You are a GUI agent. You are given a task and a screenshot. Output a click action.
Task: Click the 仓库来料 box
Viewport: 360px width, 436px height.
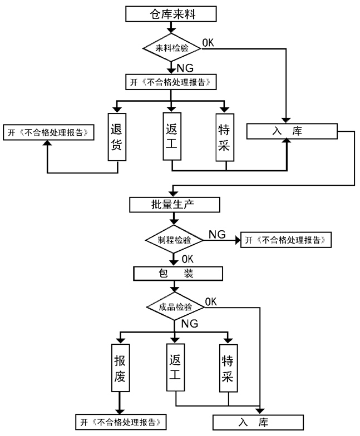pyautogui.click(x=170, y=13)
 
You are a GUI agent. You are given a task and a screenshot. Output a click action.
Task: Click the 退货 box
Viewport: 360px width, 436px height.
pyautogui.click(x=116, y=137)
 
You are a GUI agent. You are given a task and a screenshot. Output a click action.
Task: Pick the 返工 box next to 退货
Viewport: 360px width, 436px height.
pyautogui.click(x=171, y=137)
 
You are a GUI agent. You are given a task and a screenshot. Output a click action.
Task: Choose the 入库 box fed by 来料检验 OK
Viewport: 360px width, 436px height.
pyautogui.click(x=292, y=131)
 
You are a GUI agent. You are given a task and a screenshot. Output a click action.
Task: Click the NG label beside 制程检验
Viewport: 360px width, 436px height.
pyautogui.click(x=217, y=234)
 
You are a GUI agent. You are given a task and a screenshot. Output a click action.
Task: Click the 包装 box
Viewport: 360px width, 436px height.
pyautogui.click(x=177, y=273)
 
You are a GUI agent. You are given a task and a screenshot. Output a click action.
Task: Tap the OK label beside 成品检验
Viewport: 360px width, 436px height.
pyautogui.click(x=211, y=301)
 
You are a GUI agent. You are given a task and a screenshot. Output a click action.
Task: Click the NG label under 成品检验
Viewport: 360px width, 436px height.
pyautogui.click(x=190, y=323)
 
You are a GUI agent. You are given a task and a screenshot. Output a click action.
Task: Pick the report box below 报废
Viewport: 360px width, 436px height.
pyautogui.click(x=121, y=420)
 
